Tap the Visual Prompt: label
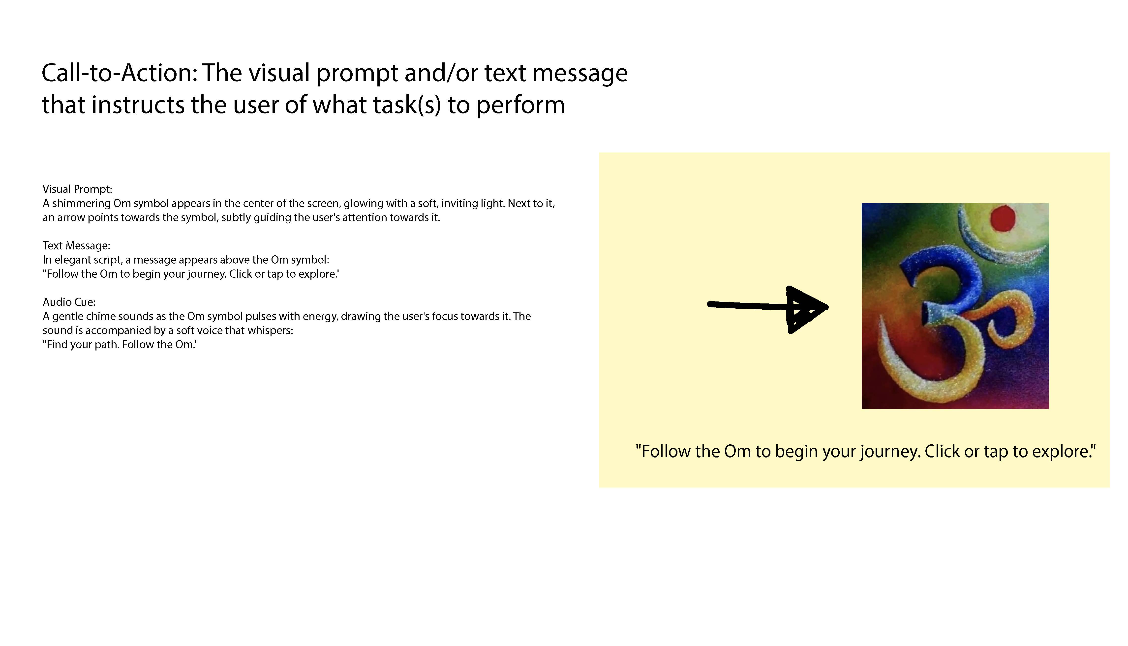click(78, 189)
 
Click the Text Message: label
click(76, 246)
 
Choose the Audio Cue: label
click(69, 302)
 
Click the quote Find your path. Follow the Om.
click(120, 345)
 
